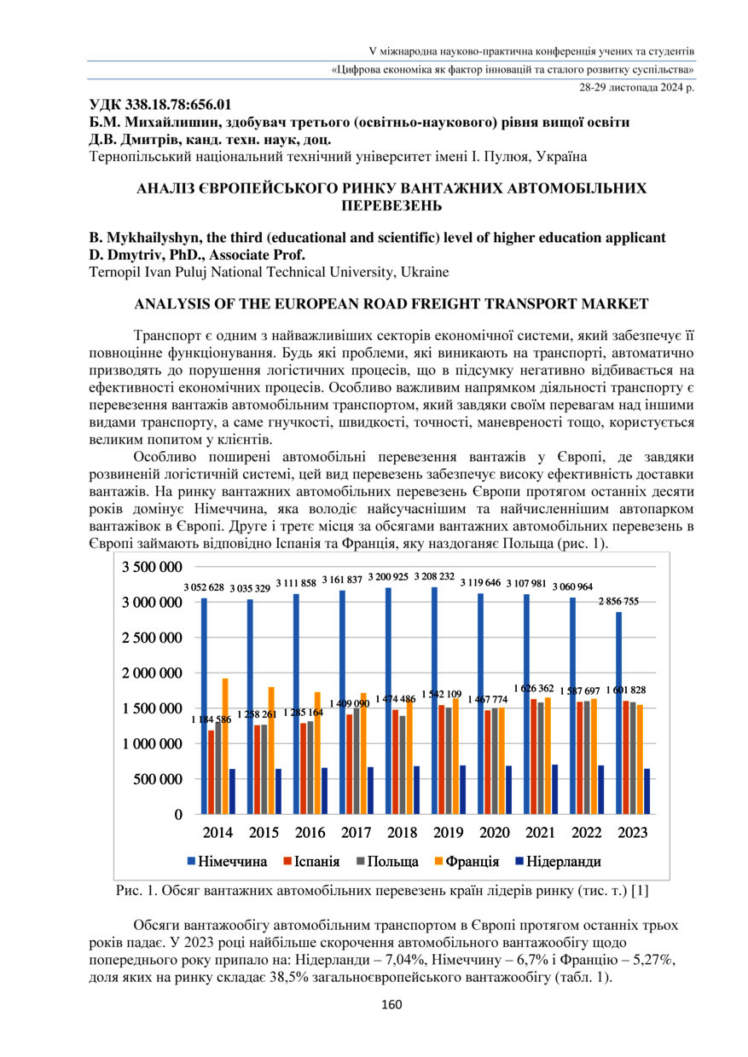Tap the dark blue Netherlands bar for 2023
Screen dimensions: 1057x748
click(647, 792)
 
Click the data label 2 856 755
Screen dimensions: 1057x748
click(618, 601)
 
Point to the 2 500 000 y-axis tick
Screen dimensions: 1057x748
click(149, 638)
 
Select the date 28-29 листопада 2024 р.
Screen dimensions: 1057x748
click(637, 87)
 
